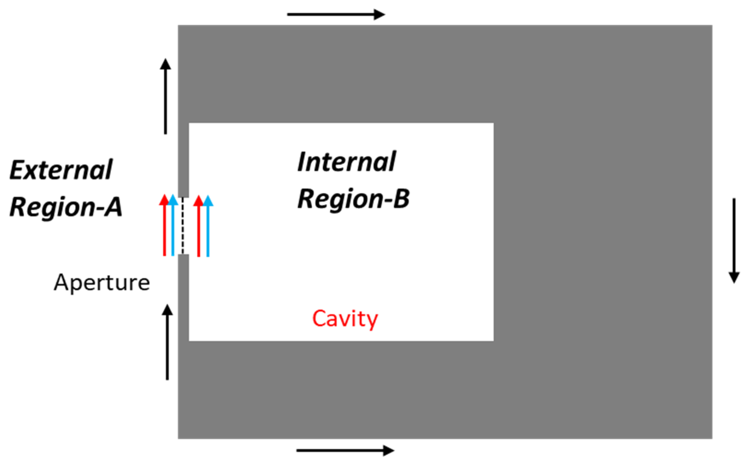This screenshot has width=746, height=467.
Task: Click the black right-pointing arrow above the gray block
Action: click(336, 15)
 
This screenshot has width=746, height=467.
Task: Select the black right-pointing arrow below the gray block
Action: click(345, 450)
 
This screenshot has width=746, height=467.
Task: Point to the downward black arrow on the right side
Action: click(734, 240)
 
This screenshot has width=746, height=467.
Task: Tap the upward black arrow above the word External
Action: click(166, 96)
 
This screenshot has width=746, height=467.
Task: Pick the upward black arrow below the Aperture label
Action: click(167, 342)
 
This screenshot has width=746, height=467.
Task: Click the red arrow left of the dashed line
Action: click(164, 226)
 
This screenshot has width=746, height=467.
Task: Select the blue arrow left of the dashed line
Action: click(173, 226)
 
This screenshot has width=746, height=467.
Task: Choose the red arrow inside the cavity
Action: click(199, 226)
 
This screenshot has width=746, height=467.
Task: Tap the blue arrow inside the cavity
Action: click(208, 226)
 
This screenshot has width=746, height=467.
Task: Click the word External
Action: click(61, 170)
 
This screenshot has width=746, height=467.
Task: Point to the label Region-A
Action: click(66, 206)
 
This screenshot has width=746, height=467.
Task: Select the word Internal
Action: click(346, 162)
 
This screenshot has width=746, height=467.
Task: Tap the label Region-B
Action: click(353, 199)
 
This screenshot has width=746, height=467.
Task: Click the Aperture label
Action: click(102, 283)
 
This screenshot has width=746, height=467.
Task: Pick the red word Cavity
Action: click(345, 319)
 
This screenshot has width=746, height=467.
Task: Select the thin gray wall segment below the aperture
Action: click(183, 296)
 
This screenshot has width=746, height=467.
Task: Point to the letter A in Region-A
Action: click(113, 206)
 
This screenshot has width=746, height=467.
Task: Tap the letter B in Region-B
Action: click(401, 199)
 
